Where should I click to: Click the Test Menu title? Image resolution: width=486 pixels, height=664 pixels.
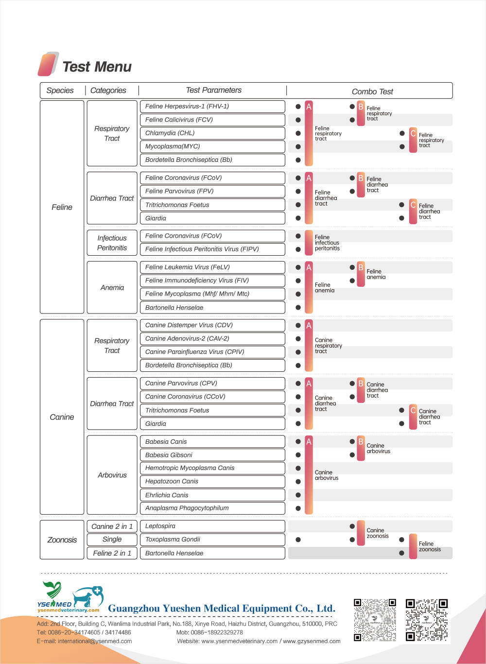tap(97, 67)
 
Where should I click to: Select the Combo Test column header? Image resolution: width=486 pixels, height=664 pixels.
tap(372, 91)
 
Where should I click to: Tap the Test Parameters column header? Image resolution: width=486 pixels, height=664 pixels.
tap(213, 90)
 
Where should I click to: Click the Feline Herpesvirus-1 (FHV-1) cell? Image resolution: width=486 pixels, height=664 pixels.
tap(212, 106)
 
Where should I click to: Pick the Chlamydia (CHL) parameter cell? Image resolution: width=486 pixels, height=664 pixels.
tap(212, 133)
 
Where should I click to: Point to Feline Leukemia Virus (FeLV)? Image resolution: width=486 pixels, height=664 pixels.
tap(212, 267)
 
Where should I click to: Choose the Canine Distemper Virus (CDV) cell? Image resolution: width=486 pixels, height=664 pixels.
tap(212, 325)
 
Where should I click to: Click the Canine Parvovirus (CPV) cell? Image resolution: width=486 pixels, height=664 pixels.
tap(212, 384)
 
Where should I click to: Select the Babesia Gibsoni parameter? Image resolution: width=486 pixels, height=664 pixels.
tap(212, 455)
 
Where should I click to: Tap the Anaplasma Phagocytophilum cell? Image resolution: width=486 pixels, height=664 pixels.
tap(212, 508)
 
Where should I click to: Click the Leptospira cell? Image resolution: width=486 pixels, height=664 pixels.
tap(212, 526)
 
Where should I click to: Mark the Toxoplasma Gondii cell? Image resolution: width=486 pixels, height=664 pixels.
tap(212, 540)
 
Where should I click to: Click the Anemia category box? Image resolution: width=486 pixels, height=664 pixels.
tap(112, 288)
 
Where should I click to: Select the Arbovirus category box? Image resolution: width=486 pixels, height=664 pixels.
tap(112, 475)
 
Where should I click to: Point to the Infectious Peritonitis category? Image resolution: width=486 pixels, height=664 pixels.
tap(112, 243)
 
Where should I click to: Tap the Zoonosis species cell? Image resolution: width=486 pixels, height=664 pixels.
tap(62, 540)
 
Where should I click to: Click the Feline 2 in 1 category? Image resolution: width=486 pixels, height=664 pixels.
tap(112, 553)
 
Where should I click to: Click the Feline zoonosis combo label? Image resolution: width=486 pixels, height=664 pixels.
tap(430, 547)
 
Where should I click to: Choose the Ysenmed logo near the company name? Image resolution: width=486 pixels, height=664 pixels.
tap(70, 597)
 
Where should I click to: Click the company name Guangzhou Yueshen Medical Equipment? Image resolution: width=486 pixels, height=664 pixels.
tap(222, 609)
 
